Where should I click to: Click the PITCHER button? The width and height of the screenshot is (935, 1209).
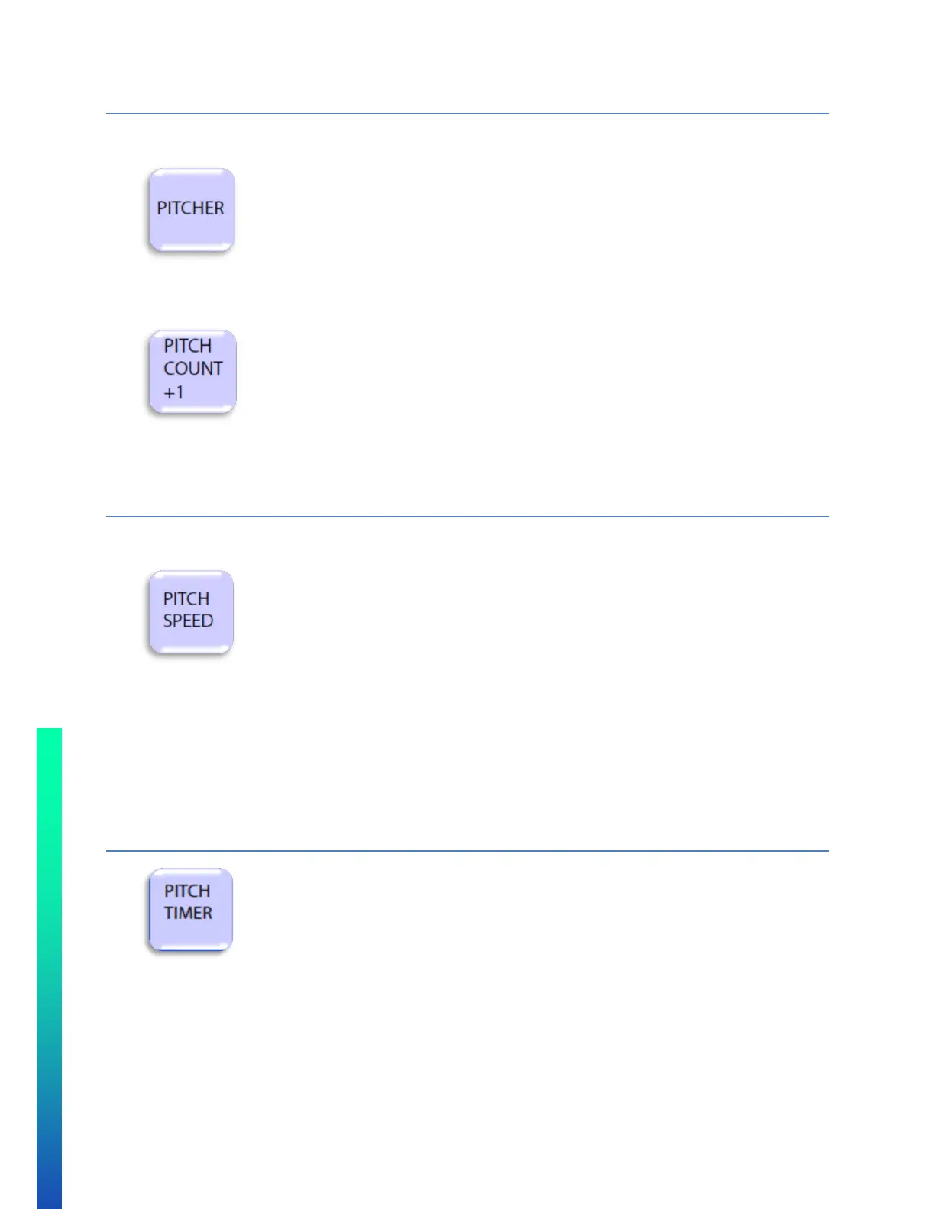point(191,210)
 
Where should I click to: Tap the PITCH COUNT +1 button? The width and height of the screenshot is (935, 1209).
point(192,372)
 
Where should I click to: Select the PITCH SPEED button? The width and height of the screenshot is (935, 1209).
point(190,612)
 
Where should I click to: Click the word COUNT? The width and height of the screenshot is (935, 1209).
point(192,369)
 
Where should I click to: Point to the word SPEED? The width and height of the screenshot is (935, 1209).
point(188,621)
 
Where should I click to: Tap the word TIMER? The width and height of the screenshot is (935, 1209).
point(188,913)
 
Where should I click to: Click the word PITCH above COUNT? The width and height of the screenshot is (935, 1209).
point(187,346)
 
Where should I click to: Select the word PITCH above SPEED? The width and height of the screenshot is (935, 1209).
point(186,598)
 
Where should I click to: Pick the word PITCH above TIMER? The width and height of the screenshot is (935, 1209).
point(186,891)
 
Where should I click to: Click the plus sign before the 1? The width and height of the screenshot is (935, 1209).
point(169,393)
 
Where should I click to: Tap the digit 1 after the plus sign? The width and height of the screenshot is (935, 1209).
point(180,393)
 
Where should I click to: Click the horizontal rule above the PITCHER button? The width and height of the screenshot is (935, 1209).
point(467,114)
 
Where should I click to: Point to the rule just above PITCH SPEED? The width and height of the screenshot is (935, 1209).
point(467,517)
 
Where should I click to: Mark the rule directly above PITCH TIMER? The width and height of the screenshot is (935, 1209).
point(467,850)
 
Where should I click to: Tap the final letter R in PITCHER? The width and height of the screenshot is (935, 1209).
point(218,208)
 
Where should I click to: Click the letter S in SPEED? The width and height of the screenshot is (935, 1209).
point(168,621)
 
